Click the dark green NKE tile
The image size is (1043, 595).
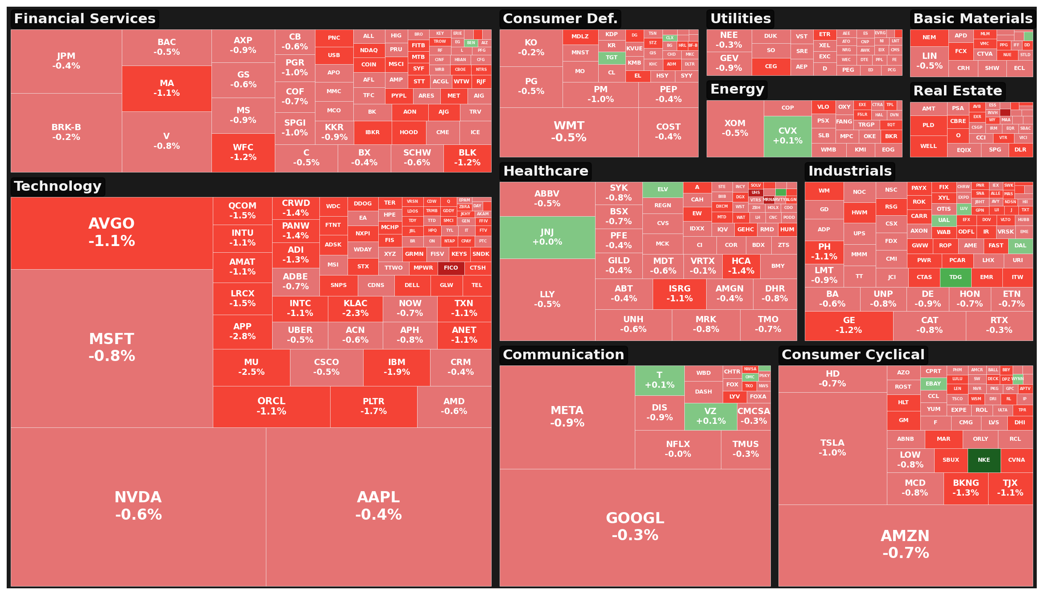click(984, 460)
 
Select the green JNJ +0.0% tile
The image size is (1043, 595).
click(547, 237)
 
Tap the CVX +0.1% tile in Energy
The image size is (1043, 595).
click(787, 136)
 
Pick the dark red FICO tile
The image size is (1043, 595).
click(451, 268)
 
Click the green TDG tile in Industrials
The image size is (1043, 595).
click(955, 277)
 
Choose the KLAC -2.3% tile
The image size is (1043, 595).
click(355, 308)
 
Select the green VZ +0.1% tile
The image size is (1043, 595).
click(710, 416)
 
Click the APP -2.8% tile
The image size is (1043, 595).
click(242, 332)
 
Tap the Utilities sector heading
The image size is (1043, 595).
click(740, 19)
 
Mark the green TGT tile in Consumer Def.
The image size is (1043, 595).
click(612, 57)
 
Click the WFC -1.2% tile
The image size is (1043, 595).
click(243, 152)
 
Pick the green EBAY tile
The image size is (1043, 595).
click(933, 384)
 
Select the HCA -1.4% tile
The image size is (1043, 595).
click(741, 266)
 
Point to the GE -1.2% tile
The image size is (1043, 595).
click(848, 326)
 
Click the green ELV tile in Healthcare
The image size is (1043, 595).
click(662, 189)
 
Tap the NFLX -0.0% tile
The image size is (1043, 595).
click(678, 449)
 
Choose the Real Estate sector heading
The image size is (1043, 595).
click(957, 91)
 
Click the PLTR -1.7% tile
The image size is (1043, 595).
click(373, 406)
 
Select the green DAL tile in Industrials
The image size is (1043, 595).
click(1020, 246)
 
